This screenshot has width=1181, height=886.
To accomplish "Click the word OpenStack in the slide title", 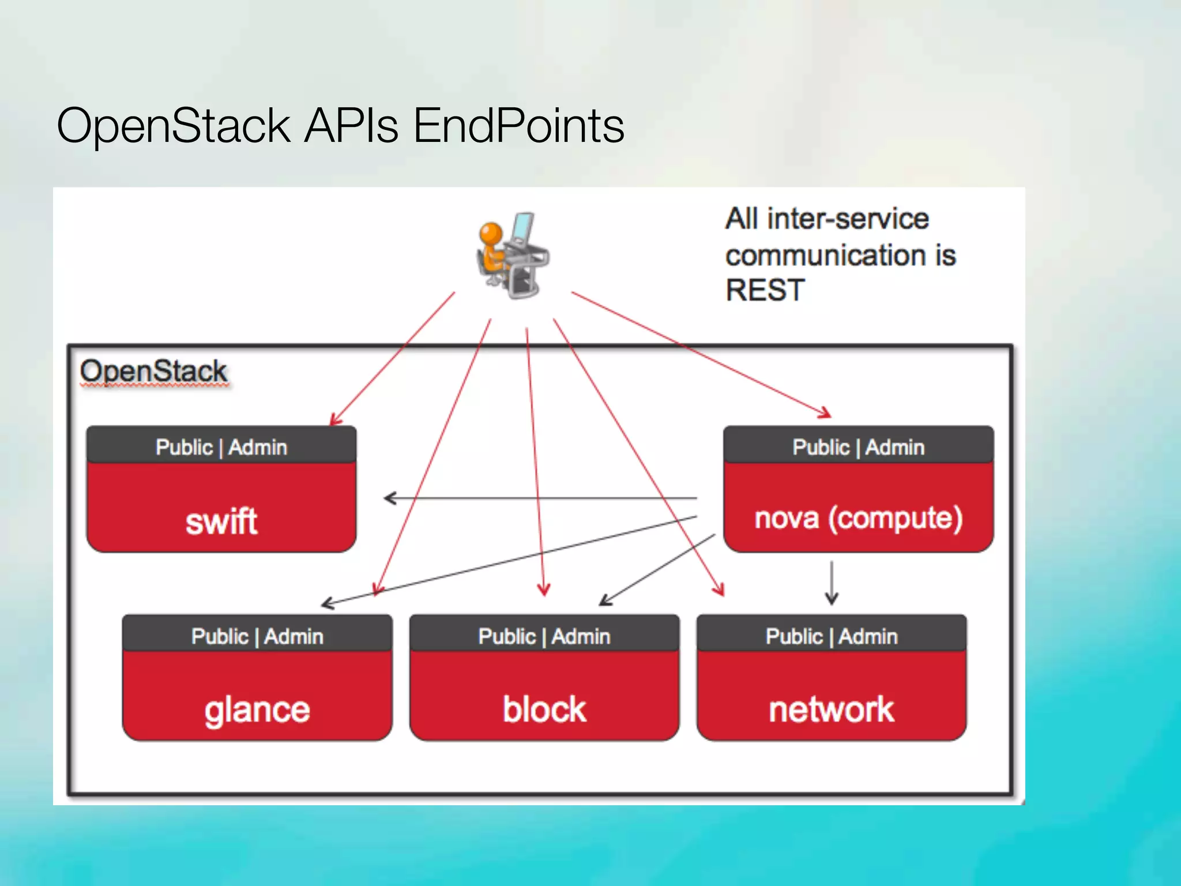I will coord(173,125).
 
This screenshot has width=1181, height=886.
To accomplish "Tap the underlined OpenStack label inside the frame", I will coord(153,371).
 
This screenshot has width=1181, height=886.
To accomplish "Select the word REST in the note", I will coord(764,290).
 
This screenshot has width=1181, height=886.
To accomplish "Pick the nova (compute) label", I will coord(858,518).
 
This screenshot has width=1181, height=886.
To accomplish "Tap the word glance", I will coord(257,709).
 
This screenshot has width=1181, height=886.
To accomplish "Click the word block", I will coord(544,709).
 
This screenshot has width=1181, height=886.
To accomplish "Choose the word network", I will coord(831,709).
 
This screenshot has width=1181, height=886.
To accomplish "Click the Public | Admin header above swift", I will coord(221,447).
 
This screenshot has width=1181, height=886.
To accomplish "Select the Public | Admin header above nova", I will coord(858,447).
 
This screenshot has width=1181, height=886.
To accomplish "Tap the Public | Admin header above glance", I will coord(257,636).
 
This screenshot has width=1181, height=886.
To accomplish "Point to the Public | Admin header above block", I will coord(544,636).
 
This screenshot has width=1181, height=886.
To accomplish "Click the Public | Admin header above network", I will coord(831,636).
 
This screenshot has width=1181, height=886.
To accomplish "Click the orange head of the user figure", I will coord(491,234).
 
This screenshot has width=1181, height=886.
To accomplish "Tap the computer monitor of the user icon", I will coord(523,227).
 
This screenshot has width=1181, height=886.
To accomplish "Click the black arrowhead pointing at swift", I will coord(390,498).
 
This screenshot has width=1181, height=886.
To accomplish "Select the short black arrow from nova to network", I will coord(831,583).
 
